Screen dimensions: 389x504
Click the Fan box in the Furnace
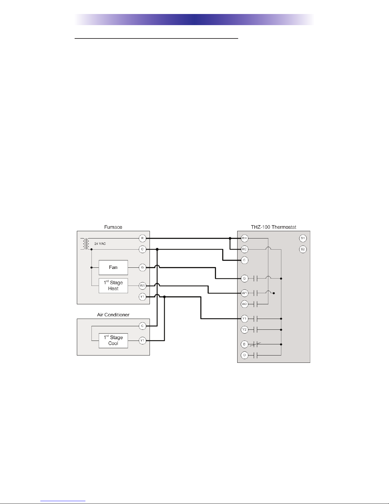[113, 267]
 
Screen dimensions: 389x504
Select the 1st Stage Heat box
[113, 286]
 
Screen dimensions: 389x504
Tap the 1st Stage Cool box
[113, 341]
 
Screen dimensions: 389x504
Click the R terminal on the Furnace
[142, 238]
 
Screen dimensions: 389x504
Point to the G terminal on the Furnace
[142, 267]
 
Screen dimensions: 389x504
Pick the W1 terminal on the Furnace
[142, 286]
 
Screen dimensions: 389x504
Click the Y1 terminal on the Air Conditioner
[142, 341]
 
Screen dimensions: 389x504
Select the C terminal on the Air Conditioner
[142, 326]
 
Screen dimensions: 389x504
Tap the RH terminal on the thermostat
[245, 238]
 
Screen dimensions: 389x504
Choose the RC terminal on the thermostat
[245, 249]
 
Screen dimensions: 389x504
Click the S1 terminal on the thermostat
[303, 238]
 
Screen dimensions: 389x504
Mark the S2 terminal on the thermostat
[303, 249]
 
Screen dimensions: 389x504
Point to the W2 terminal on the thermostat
[245, 304]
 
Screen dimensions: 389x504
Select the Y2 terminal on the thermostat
[245, 329]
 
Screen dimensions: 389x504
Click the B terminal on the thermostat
[245, 344]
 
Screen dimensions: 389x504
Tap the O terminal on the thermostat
[245, 355]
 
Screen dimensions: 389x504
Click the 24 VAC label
[100, 244]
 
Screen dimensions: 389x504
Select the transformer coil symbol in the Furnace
[85, 244]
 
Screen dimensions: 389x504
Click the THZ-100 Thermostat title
[273, 227]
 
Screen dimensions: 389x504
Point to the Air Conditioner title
[113, 315]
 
